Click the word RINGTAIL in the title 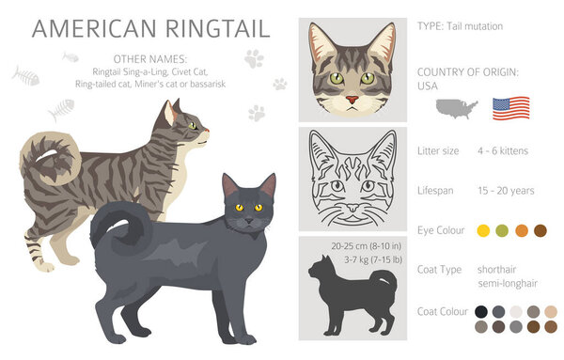pyautogui.click(x=211, y=28)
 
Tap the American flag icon pyautogui.click(x=511, y=106)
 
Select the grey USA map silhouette pyautogui.click(x=456, y=106)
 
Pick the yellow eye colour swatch pyautogui.click(x=483, y=230)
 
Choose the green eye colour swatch pyautogui.click(x=502, y=230)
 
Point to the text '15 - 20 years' pyautogui.click(x=505, y=191)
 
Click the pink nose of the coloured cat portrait pyautogui.click(x=351, y=99)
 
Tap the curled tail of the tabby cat pyautogui.click(x=47, y=160)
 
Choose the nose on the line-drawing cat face pyautogui.click(x=351, y=208)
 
